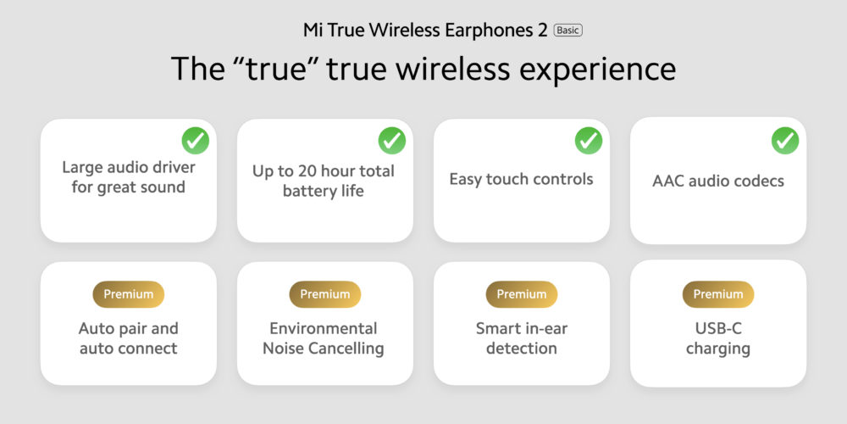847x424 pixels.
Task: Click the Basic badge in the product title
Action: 567,31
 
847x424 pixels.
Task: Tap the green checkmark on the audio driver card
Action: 196,141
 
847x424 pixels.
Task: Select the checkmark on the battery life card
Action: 392,141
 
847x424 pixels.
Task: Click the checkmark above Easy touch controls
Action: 589,141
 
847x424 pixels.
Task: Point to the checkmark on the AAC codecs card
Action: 785,141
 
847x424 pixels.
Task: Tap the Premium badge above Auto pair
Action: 129,294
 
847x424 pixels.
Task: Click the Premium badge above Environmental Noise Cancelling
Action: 325,294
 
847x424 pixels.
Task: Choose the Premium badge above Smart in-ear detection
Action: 522,294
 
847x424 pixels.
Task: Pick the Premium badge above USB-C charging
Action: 718,294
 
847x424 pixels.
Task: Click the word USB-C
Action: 718,328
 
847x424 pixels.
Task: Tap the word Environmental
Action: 324,328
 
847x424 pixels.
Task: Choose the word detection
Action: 521,349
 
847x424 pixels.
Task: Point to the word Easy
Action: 466,180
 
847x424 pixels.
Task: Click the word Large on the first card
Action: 81,168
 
